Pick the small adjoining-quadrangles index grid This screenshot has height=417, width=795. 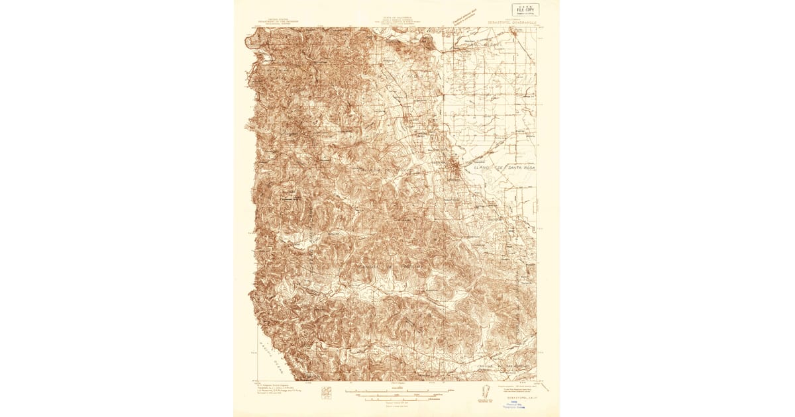click(x=325, y=392)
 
